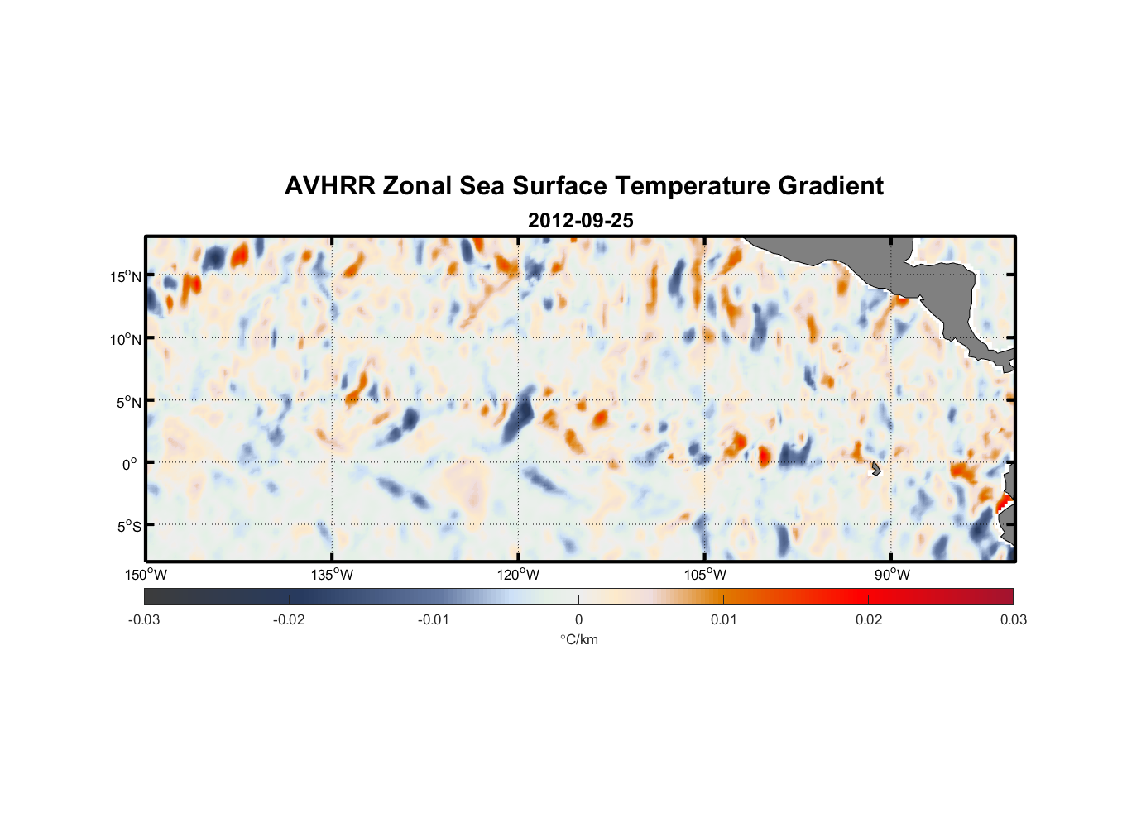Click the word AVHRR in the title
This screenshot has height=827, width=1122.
pos(329,186)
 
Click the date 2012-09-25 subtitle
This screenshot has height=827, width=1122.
pos(580,221)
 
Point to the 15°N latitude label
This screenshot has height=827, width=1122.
pos(125,277)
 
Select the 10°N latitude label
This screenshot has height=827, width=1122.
pos(125,339)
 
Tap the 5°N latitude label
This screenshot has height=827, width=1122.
pos(127,402)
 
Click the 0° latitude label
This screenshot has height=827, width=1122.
pos(130,464)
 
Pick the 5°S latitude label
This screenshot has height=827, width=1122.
pos(127,527)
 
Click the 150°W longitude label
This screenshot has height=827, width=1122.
pos(146,575)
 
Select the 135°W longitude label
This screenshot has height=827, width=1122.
pos(332,575)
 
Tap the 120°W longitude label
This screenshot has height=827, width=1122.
pos(518,575)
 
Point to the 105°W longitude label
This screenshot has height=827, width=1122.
pos(705,575)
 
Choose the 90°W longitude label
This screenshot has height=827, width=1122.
pos(891,575)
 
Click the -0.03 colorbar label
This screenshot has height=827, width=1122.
pos(144,620)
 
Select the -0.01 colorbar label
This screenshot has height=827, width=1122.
pos(434,620)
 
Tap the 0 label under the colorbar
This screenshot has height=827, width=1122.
pos(578,620)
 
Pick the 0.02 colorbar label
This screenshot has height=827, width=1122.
pos(868,620)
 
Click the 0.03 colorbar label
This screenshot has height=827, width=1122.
pos(1013,620)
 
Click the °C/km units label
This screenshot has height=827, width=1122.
pos(578,639)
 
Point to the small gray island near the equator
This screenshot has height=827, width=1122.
pos(875,468)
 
